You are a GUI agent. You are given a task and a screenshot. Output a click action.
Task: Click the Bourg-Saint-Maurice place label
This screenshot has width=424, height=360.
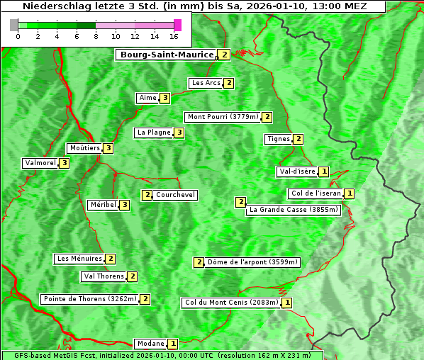pyautogui.click(x=167, y=55)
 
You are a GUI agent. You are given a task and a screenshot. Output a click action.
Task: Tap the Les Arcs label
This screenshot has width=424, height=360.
pyautogui.click(x=206, y=83)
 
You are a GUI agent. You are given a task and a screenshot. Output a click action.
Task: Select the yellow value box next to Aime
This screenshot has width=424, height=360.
pyautogui.click(x=164, y=98)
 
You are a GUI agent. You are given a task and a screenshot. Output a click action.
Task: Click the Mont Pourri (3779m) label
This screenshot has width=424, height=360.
pyautogui.click(x=222, y=117)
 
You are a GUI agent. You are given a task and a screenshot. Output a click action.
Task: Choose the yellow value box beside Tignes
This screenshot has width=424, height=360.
pyautogui.click(x=299, y=139)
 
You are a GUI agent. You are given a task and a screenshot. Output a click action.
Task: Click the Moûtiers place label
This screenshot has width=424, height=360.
pyautogui.click(x=84, y=148)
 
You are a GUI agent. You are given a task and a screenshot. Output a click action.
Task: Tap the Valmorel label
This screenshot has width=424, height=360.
pyautogui.click(x=40, y=163)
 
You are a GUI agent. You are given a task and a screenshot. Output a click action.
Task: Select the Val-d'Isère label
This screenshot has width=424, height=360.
pyautogui.click(x=296, y=171)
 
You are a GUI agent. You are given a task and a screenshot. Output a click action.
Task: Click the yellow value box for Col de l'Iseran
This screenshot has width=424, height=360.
pyautogui.click(x=350, y=193)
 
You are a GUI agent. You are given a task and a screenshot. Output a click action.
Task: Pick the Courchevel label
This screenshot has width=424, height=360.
pyautogui.click(x=175, y=195)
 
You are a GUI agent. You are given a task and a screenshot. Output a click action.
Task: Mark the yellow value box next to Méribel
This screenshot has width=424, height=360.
pyautogui.click(x=125, y=206)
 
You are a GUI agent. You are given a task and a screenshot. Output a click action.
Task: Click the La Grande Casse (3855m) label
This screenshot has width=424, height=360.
pyautogui.click(x=294, y=210)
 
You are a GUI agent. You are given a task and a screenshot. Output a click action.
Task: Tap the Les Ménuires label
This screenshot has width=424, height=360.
pyautogui.click(x=79, y=259)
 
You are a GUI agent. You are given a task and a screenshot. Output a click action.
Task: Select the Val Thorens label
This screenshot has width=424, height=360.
pyautogui.click(x=104, y=276)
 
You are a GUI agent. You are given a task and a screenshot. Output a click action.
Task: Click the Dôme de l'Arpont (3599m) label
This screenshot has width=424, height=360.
pyautogui.click(x=252, y=262)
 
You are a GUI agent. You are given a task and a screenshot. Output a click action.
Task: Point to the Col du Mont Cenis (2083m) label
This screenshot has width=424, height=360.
pyautogui.click(x=230, y=303)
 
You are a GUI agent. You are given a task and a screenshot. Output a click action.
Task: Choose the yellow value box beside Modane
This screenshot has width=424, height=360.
pyautogui.click(x=173, y=344)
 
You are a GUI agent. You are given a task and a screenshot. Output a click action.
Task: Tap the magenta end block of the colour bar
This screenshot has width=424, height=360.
pyautogui.click(x=177, y=25)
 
